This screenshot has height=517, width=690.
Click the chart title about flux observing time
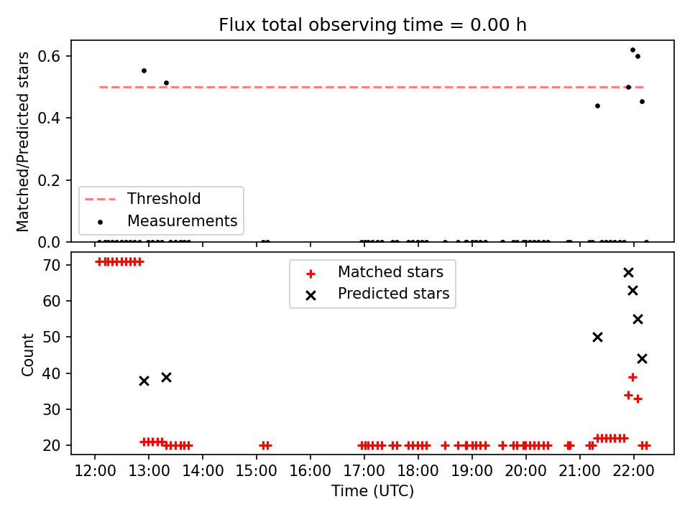(372, 25)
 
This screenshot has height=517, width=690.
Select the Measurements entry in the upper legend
(167, 220)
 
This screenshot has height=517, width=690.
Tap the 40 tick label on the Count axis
(52, 373)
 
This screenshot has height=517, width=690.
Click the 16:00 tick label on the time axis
(310, 471)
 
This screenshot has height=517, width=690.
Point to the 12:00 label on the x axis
(95, 471)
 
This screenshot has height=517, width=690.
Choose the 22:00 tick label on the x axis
(634, 471)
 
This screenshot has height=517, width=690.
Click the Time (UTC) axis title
(372, 490)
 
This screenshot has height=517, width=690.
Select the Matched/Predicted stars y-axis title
(22, 141)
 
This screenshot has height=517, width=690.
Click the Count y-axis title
(27, 355)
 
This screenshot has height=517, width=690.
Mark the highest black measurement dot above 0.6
(632, 50)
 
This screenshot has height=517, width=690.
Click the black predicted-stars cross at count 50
(597, 337)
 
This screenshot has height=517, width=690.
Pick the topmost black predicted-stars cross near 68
(628, 273)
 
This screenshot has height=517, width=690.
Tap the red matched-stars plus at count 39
(632, 377)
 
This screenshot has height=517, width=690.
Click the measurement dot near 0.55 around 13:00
(144, 71)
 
